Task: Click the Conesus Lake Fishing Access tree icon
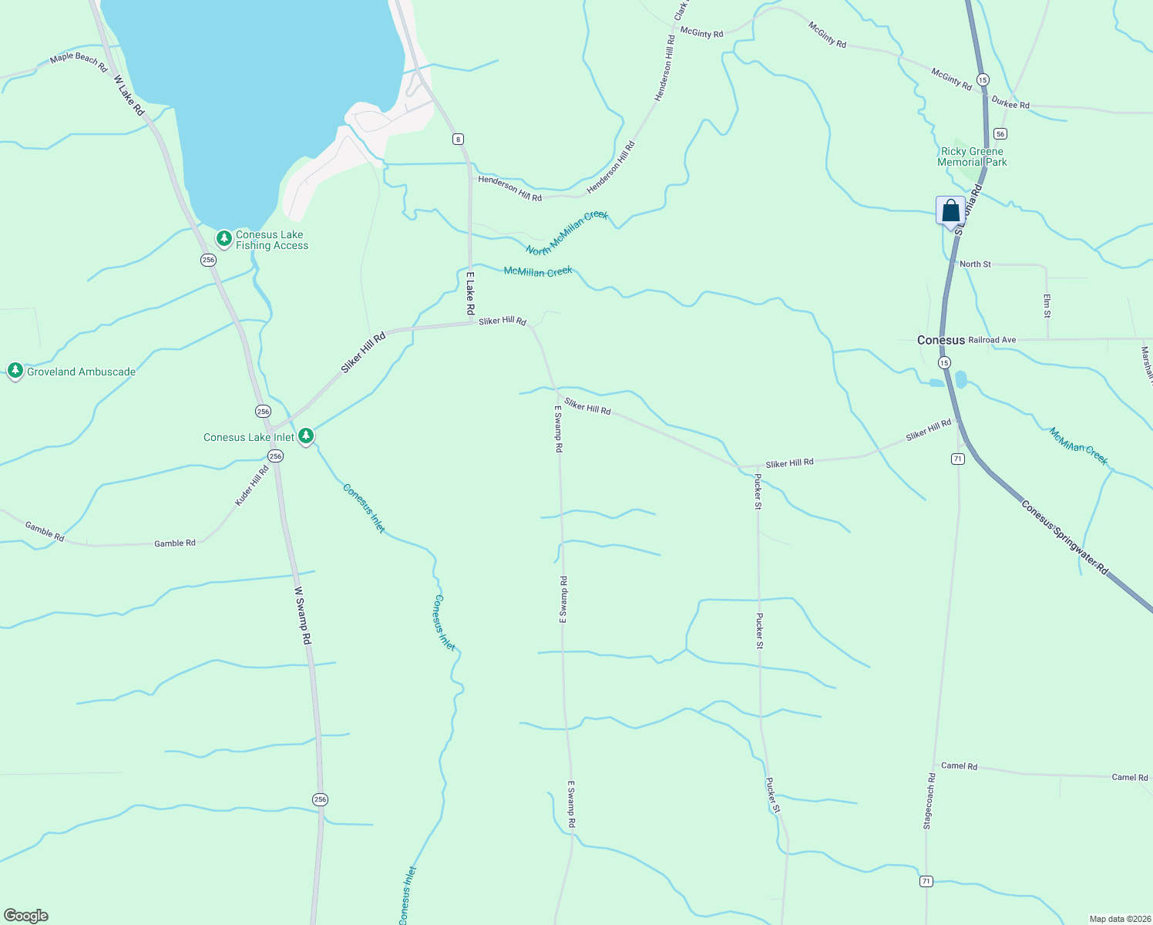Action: pyautogui.click(x=224, y=239)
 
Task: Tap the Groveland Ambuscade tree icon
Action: pyautogui.click(x=15, y=371)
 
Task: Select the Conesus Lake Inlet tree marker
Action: pyautogui.click(x=306, y=436)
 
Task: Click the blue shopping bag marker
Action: pyautogui.click(x=950, y=210)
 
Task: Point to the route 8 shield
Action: pyautogui.click(x=459, y=139)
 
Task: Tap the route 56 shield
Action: pyautogui.click(x=1000, y=133)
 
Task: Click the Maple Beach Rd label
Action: pyautogui.click(x=79, y=62)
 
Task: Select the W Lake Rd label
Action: pyautogui.click(x=129, y=96)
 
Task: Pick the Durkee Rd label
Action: pyautogui.click(x=1010, y=103)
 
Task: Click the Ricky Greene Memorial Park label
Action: pyautogui.click(x=972, y=157)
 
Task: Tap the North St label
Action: pyautogui.click(x=975, y=264)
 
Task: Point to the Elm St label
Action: pyautogui.click(x=1047, y=305)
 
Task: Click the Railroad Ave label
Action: pyautogui.click(x=992, y=340)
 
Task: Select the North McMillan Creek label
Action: pyautogui.click(x=567, y=233)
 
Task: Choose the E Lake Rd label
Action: pyautogui.click(x=470, y=293)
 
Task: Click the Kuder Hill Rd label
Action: pyautogui.click(x=252, y=486)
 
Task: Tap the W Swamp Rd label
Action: pyautogui.click(x=303, y=615)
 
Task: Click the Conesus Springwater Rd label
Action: pyautogui.click(x=1064, y=537)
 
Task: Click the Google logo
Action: pyautogui.click(x=26, y=916)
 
